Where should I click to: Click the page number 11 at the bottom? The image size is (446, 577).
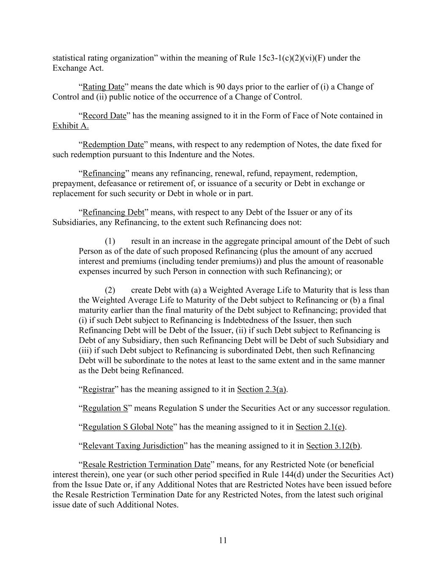223,540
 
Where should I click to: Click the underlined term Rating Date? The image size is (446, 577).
103,87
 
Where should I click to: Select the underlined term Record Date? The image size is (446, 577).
104,116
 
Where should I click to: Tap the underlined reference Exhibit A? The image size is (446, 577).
71,126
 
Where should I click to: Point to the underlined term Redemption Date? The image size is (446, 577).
113,145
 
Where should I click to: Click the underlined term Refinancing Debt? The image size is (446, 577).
113,212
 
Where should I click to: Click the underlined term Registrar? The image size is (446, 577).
99,389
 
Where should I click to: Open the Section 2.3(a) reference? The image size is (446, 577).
262,389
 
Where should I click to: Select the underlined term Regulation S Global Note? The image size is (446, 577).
128,427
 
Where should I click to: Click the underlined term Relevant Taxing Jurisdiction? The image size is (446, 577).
133,446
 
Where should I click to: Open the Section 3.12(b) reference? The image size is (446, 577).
333,446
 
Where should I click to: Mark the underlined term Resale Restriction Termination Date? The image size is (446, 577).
146,465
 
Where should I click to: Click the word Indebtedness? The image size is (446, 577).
229,320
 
